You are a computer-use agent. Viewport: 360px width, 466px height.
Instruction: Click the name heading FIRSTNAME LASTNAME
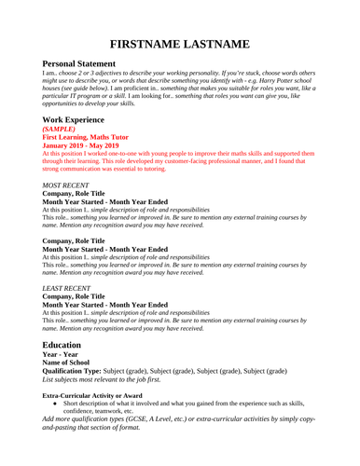pos(180,44)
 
